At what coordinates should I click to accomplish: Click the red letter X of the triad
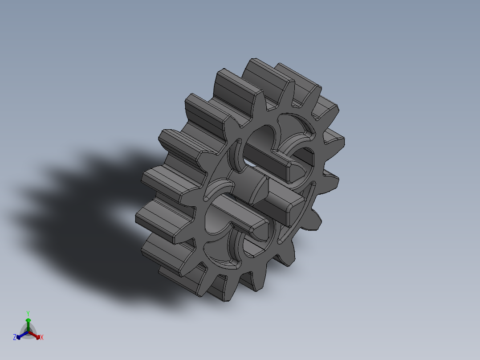click(42, 338)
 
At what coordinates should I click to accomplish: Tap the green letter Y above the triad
click(28, 313)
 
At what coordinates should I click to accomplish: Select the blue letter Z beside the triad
click(15, 337)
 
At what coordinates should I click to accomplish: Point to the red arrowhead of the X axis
click(38, 336)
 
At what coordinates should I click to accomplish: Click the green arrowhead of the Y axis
click(28, 320)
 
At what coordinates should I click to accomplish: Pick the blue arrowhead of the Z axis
click(19, 336)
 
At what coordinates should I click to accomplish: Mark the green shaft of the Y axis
click(28, 326)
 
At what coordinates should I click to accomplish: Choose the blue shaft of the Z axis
click(23, 334)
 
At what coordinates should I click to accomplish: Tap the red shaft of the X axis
click(33, 334)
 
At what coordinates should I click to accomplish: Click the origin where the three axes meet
click(28, 332)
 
